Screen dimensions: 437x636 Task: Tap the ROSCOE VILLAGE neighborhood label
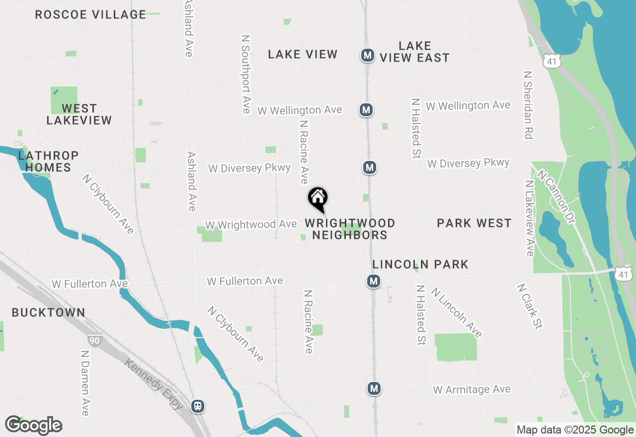point(90,14)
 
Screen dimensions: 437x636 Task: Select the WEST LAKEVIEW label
point(79,114)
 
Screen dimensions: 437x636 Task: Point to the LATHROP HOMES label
point(48,161)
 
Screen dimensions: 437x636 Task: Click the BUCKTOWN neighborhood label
point(48,312)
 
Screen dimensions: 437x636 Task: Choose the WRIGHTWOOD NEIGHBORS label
point(350,229)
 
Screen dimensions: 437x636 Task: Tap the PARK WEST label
point(474,223)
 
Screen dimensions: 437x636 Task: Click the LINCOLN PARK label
point(420,264)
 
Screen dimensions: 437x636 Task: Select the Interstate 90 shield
point(94,340)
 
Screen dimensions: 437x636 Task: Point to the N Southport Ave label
point(245,74)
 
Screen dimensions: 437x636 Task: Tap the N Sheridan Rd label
point(528,104)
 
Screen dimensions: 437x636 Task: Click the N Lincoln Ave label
point(456,312)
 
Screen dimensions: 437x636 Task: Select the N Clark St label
point(529,306)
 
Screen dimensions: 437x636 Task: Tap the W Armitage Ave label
point(472,390)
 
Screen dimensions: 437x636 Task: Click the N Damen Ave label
point(84,383)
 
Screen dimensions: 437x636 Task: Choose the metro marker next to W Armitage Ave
point(374,388)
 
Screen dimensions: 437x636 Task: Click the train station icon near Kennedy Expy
point(198,406)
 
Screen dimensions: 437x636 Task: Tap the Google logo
point(34,425)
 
